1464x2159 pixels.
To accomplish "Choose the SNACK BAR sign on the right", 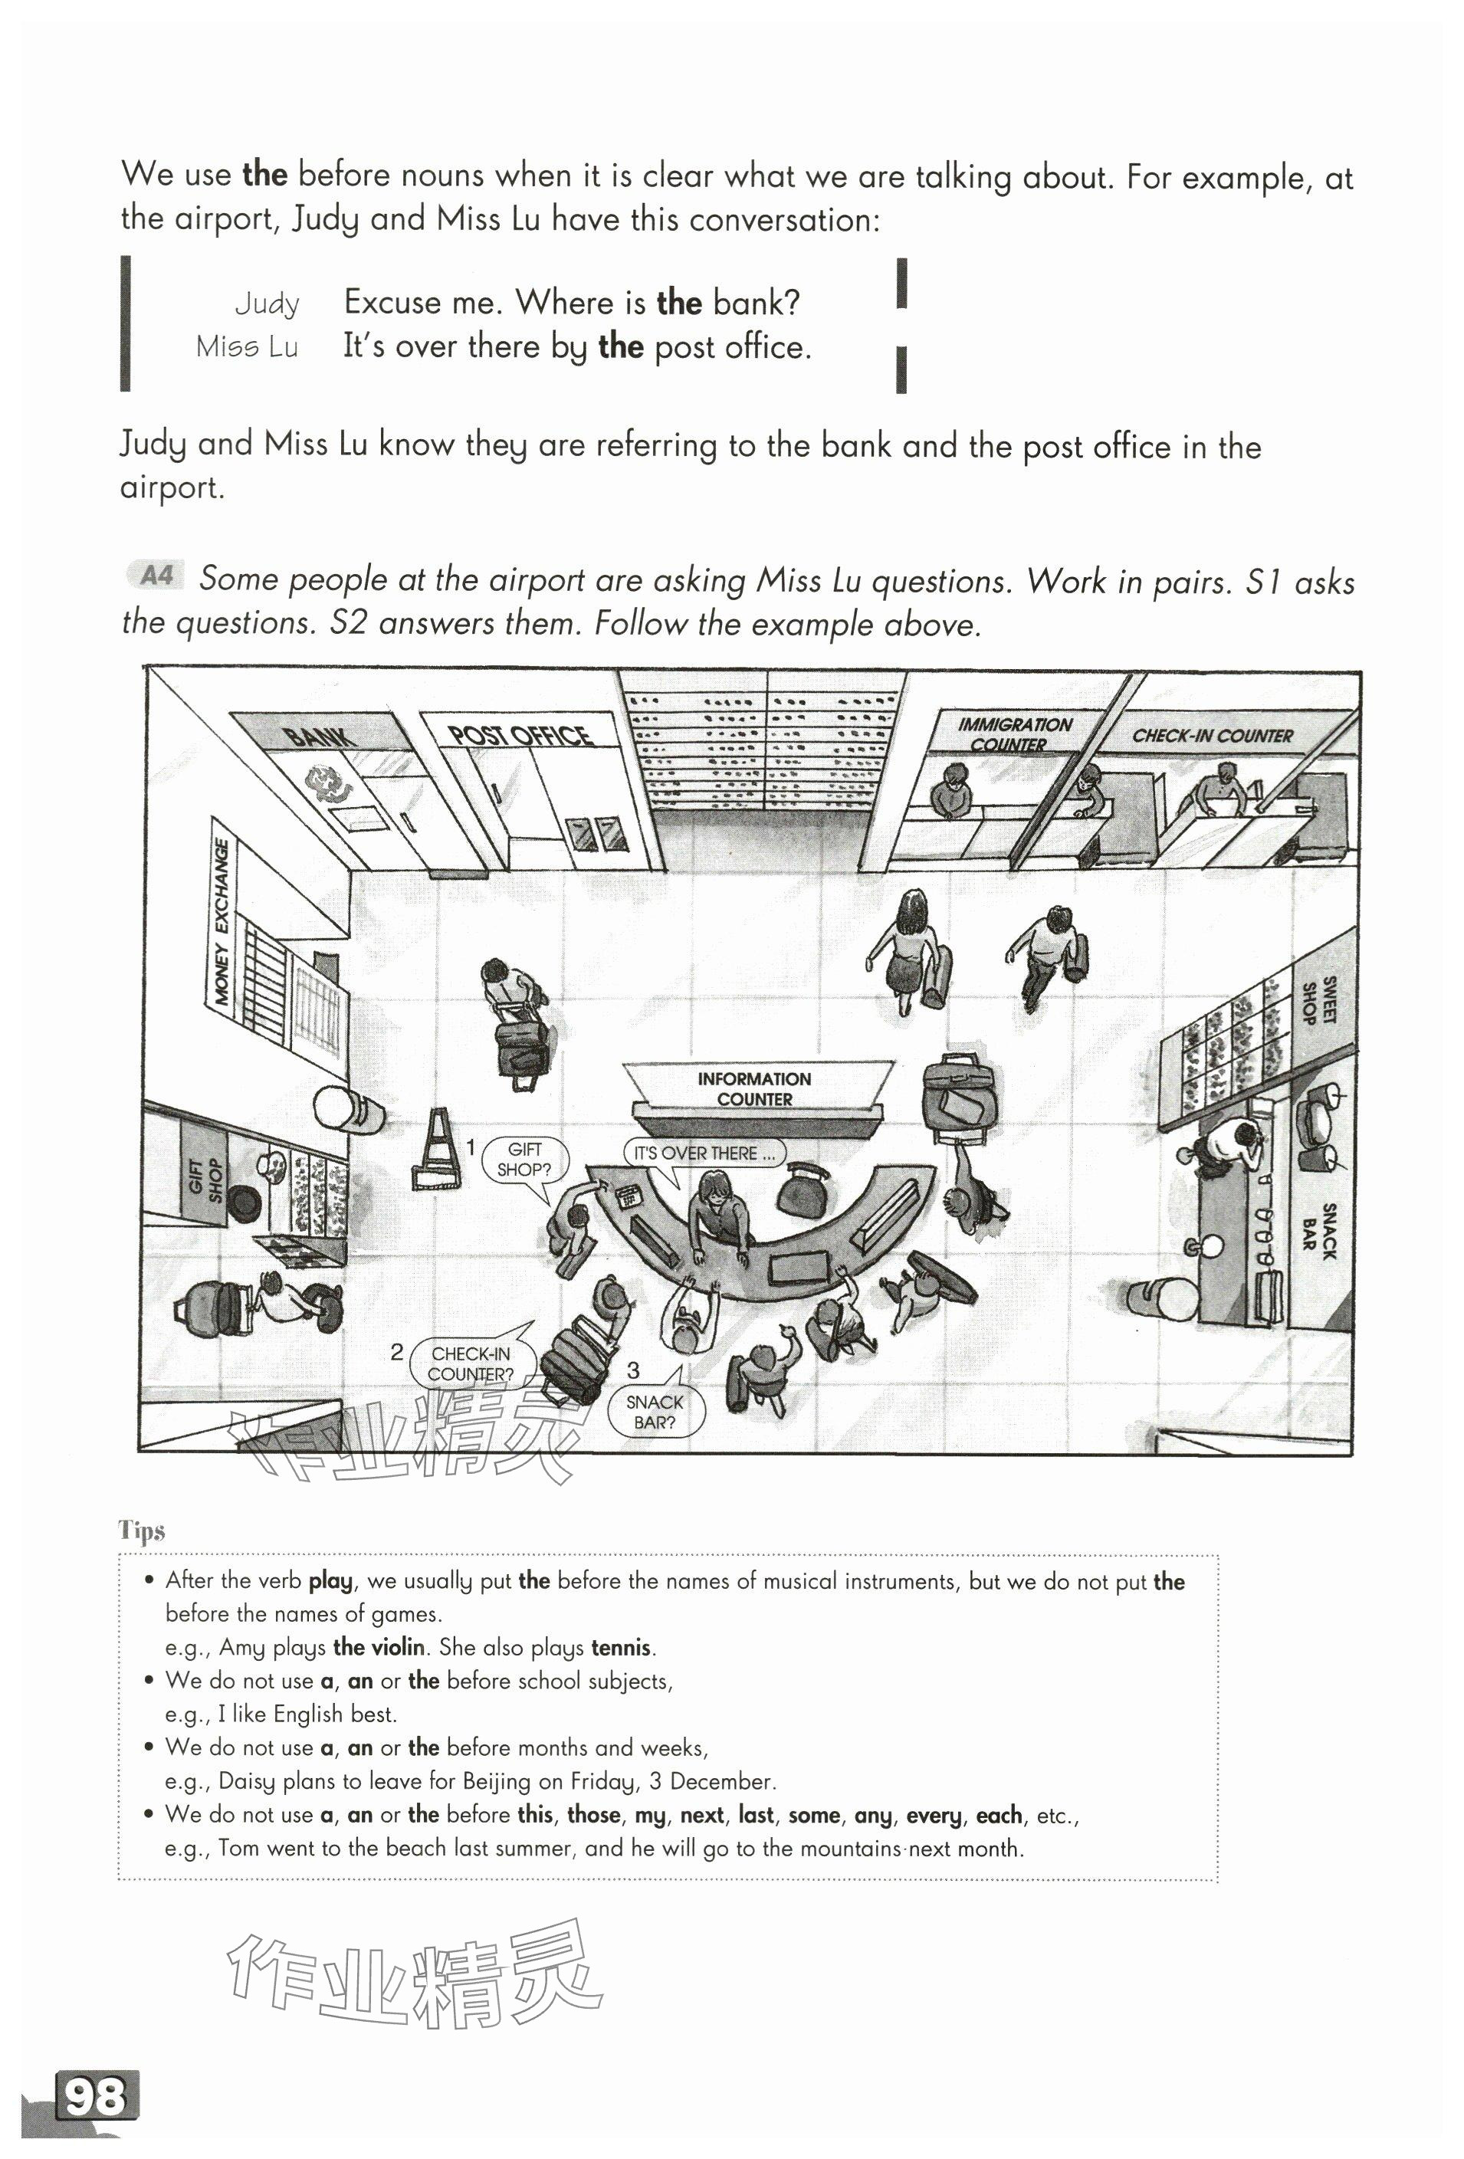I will pos(1318,1231).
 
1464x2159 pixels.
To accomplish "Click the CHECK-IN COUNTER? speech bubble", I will pos(471,1363).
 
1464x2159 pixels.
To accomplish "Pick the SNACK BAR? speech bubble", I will pos(654,1411).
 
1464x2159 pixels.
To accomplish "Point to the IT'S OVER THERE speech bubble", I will pos(703,1153).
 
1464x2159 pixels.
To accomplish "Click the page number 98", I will pos(96,2096).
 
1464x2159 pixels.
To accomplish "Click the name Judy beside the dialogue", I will pos(267,303).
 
